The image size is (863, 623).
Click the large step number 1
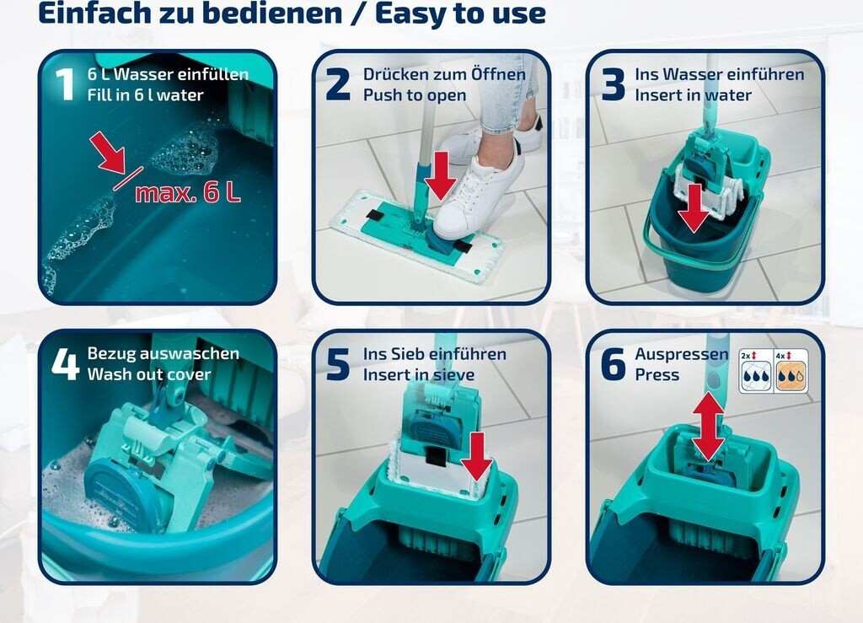click(x=65, y=84)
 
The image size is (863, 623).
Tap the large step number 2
click(x=337, y=84)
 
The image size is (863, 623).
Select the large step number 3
click(x=613, y=84)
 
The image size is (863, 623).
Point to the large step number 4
click(x=66, y=364)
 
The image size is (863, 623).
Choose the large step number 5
click(x=337, y=364)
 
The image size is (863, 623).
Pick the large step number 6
click(x=613, y=364)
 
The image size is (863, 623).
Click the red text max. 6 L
click(x=188, y=192)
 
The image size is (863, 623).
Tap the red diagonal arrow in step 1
click(x=109, y=153)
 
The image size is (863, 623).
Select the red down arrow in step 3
click(x=694, y=207)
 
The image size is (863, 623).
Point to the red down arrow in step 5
click(x=476, y=457)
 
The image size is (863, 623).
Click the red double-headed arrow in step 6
click(x=708, y=427)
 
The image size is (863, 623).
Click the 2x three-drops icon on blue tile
click(x=756, y=371)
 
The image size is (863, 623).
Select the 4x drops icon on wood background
click(x=791, y=371)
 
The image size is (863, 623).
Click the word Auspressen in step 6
click(x=681, y=354)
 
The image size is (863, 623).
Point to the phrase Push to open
click(x=415, y=95)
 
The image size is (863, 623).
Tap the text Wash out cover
click(x=149, y=374)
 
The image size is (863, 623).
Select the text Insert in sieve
click(x=418, y=374)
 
